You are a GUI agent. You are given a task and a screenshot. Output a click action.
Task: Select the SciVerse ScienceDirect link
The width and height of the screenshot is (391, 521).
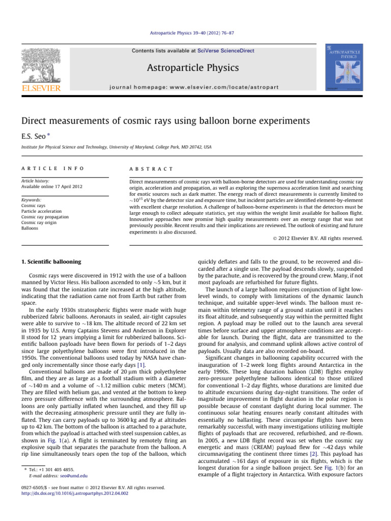click(227, 50)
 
